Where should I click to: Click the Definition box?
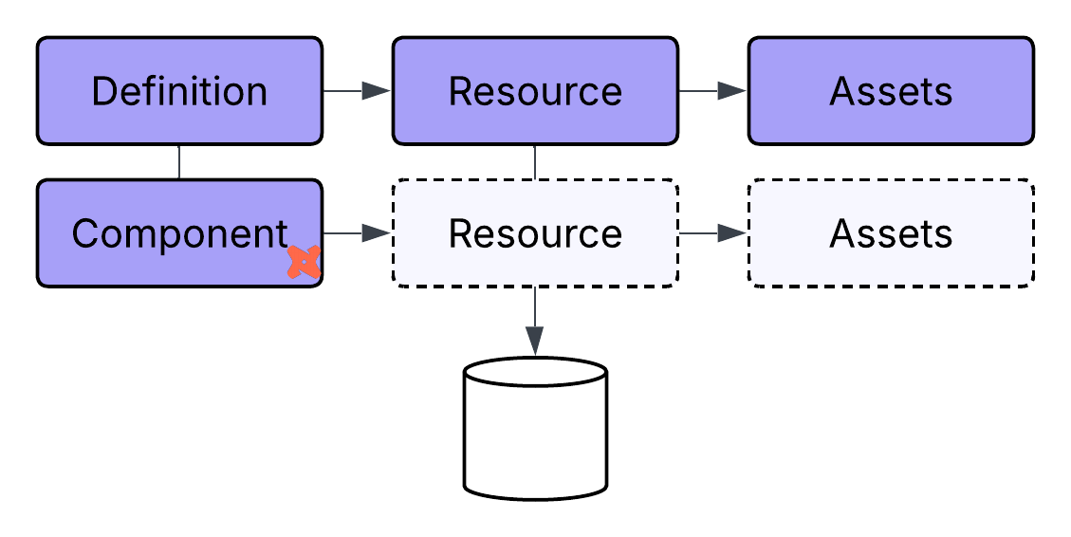(179, 91)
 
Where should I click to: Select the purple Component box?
(179, 233)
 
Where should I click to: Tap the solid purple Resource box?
(535, 91)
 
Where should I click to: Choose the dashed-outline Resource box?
(535, 233)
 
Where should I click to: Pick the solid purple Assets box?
(891, 91)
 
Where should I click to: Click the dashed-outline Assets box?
(891, 233)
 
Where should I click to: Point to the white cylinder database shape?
(535, 436)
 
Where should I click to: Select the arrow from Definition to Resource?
(357, 91)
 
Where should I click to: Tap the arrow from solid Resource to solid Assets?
(712, 91)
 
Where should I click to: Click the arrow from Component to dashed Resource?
(357, 233)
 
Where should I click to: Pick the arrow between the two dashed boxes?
(712, 233)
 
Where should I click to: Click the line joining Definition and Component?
(179, 162)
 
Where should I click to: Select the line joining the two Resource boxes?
(535, 162)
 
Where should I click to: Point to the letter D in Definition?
(103, 91)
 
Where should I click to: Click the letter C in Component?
(84, 233)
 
